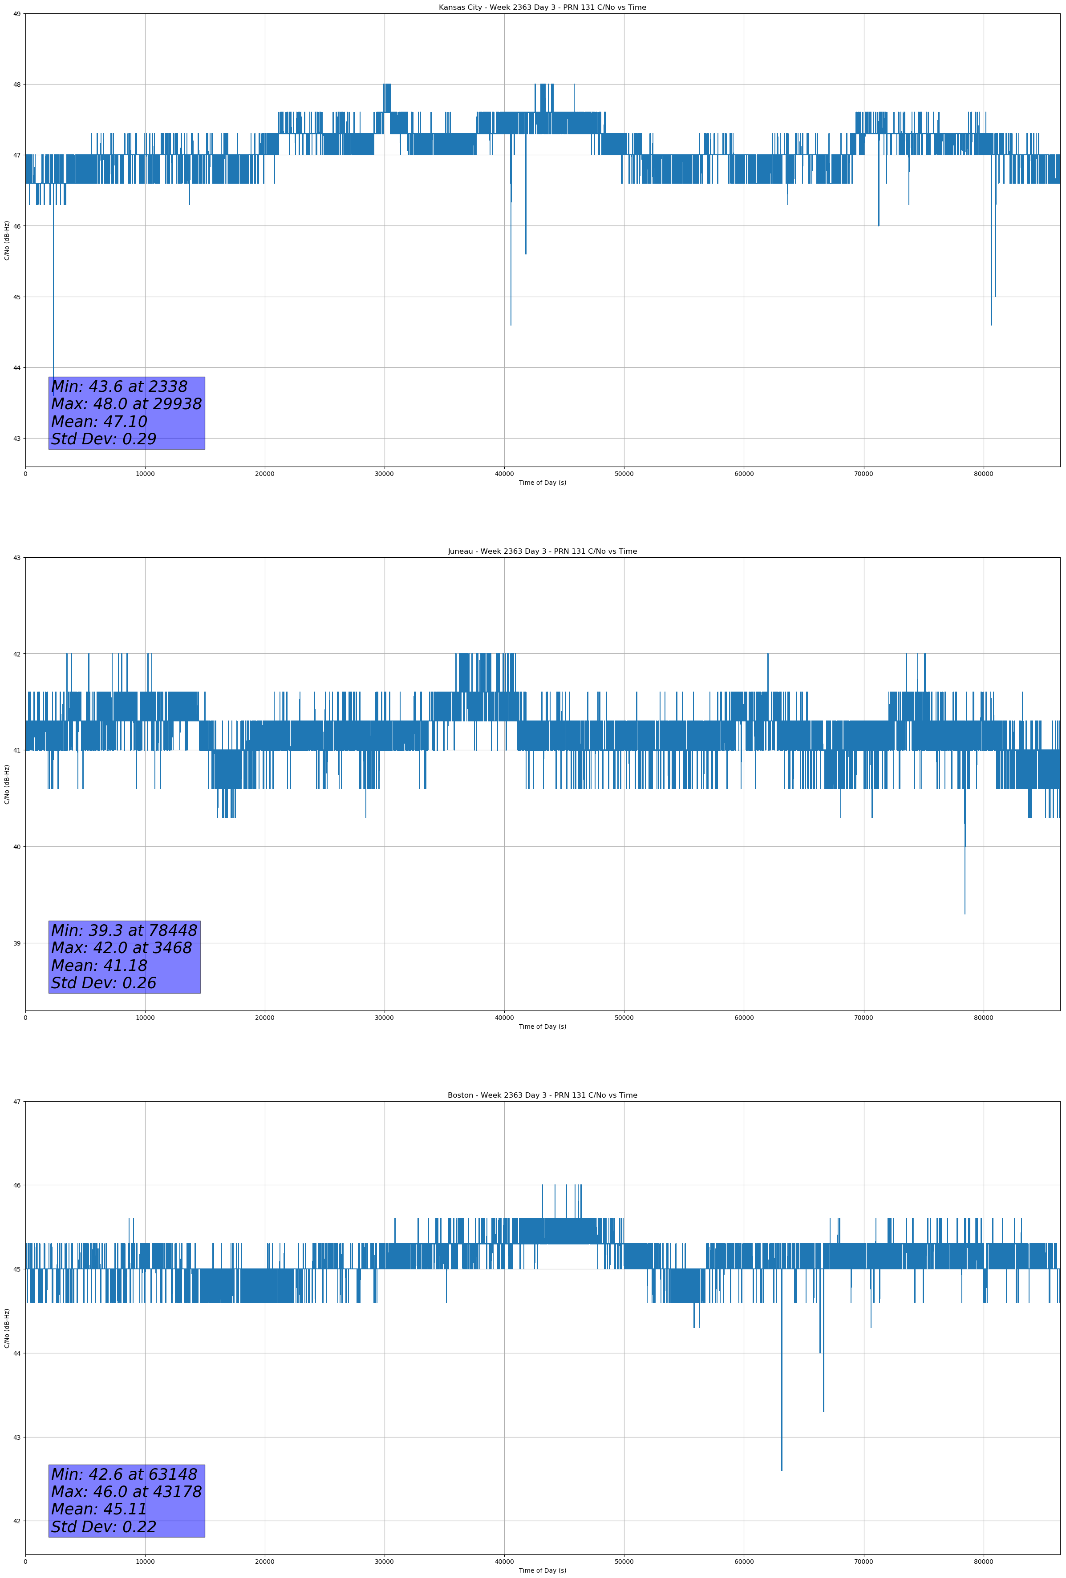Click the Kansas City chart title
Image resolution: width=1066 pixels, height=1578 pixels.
pyautogui.click(x=542, y=8)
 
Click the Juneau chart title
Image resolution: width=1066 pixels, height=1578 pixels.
pyautogui.click(x=542, y=551)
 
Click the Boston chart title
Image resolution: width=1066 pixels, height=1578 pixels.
pyautogui.click(x=542, y=1095)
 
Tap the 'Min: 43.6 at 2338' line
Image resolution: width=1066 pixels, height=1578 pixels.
pyautogui.click(x=119, y=386)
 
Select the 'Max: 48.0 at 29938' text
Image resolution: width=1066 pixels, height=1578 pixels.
pyautogui.click(x=126, y=404)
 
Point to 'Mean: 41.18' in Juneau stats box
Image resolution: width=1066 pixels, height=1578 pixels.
pyautogui.click(x=99, y=966)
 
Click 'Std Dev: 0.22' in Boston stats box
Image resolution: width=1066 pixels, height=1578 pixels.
pyautogui.click(x=103, y=1527)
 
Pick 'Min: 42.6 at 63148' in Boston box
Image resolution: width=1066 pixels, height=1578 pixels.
pyautogui.click(x=124, y=1474)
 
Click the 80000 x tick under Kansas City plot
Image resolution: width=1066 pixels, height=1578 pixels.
pyautogui.click(x=983, y=474)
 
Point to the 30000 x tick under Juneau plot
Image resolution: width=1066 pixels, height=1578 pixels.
pyautogui.click(x=385, y=1018)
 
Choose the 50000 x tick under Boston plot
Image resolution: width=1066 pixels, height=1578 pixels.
pyautogui.click(x=624, y=1562)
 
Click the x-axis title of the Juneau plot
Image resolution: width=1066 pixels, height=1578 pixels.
pyautogui.click(x=542, y=1027)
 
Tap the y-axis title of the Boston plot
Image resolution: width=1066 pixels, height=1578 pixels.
pyautogui.click(x=7, y=1328)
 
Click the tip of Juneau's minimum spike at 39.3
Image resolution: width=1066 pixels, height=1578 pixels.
pyautogui.click(x=964, y=913)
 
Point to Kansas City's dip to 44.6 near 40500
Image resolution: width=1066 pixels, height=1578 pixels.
pyautogui.click(x=511, y=325)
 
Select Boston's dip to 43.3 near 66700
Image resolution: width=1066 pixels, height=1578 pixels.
pyautogui.click(x=823, y=1411)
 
